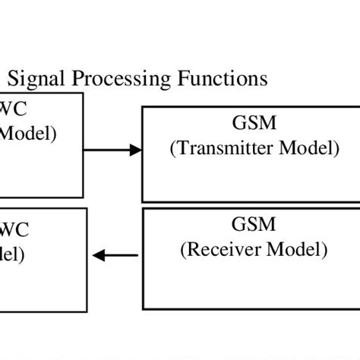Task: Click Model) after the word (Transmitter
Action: point(309,149)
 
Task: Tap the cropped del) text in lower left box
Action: point(12,254)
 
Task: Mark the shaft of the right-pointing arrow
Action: point(106,150)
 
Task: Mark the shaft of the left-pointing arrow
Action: point(122,256)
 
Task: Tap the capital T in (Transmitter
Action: point(178,149)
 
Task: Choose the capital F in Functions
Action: point(182,78)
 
